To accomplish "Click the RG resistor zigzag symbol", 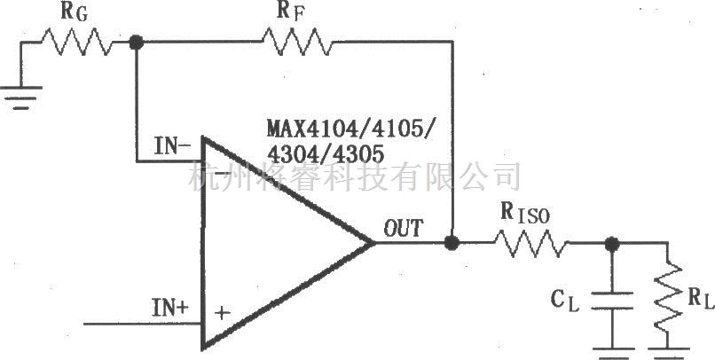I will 80,42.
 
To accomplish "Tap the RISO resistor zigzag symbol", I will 529,242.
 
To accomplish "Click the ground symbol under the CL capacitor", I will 610,351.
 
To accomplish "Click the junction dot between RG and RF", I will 136,42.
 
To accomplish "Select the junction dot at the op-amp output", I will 452,241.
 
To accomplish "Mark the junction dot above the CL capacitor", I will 610,242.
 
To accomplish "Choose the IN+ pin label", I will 169,309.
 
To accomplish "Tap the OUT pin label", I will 404,228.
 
